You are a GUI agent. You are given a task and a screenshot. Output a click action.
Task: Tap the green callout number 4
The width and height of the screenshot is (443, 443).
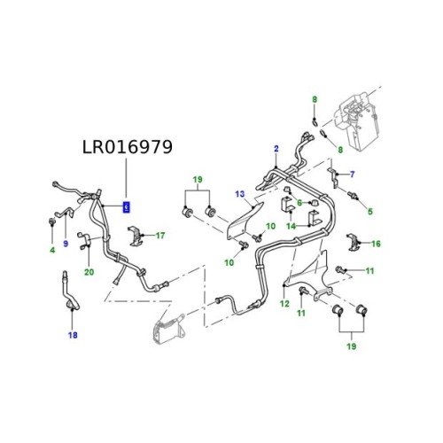point(52,250)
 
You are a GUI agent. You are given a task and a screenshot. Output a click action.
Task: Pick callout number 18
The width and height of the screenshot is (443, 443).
point(73,335)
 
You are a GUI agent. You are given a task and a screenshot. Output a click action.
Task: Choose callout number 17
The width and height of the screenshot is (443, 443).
point(160,236)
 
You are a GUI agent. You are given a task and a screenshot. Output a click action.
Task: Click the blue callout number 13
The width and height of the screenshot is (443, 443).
point(239,194)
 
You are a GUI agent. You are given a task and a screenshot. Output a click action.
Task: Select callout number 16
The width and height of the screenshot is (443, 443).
point(376,243)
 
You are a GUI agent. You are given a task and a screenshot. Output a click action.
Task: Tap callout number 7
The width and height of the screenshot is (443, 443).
point(352,173)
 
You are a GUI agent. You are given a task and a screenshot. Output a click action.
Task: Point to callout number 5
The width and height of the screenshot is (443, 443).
point(370,210)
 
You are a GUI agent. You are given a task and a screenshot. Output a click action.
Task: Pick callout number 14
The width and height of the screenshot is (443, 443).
point(289,226)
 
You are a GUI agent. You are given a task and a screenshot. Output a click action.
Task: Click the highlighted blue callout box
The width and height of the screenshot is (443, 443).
point(126,207)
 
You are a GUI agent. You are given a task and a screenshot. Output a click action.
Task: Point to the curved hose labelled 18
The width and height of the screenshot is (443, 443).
point(67,293)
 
